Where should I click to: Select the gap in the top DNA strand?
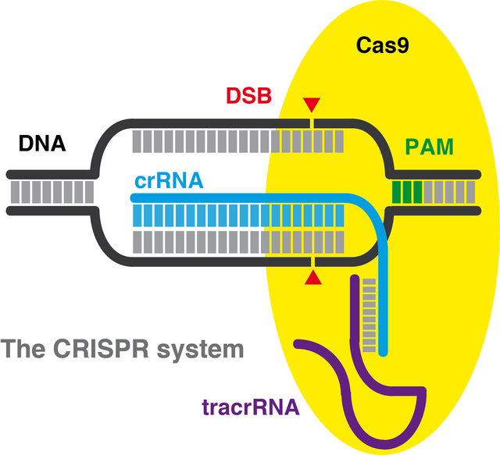click(312, 123)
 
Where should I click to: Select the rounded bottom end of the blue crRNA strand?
click(383, 354)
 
